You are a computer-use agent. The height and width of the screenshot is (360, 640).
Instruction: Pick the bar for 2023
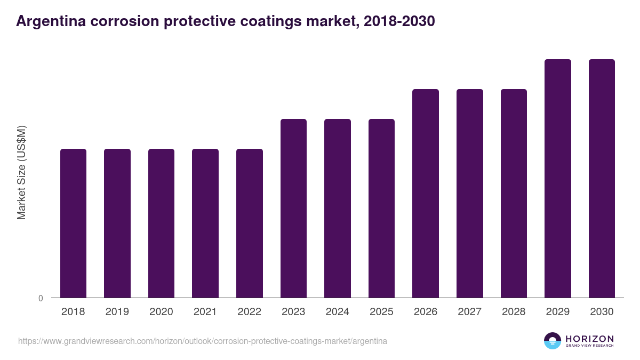(x=293, y=208)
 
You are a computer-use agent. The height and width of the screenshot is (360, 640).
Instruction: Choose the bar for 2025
(x=381, y=208)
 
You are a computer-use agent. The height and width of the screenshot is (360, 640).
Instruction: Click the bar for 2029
(x=557, y=178)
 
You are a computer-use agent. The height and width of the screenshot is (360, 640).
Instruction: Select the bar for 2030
(x=602, y=178)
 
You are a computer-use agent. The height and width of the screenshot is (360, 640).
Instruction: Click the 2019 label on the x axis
(x=117, y=312)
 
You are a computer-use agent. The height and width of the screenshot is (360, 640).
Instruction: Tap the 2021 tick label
(x=205, y=312)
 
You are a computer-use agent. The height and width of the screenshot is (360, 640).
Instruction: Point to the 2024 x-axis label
(x=337, y=312)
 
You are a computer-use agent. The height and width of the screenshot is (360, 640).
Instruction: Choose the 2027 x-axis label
(x=469, y=312)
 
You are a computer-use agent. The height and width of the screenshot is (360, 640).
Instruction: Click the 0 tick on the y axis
(x=41, y=299)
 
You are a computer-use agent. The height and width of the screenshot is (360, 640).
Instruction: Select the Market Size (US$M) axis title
(x=21, y=172)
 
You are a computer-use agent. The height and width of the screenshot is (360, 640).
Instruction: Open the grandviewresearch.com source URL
(x=203, y=341)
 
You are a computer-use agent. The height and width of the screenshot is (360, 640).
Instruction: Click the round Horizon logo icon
(x=553, y=341)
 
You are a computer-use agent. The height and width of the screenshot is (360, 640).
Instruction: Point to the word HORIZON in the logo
(x=589, y=339)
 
